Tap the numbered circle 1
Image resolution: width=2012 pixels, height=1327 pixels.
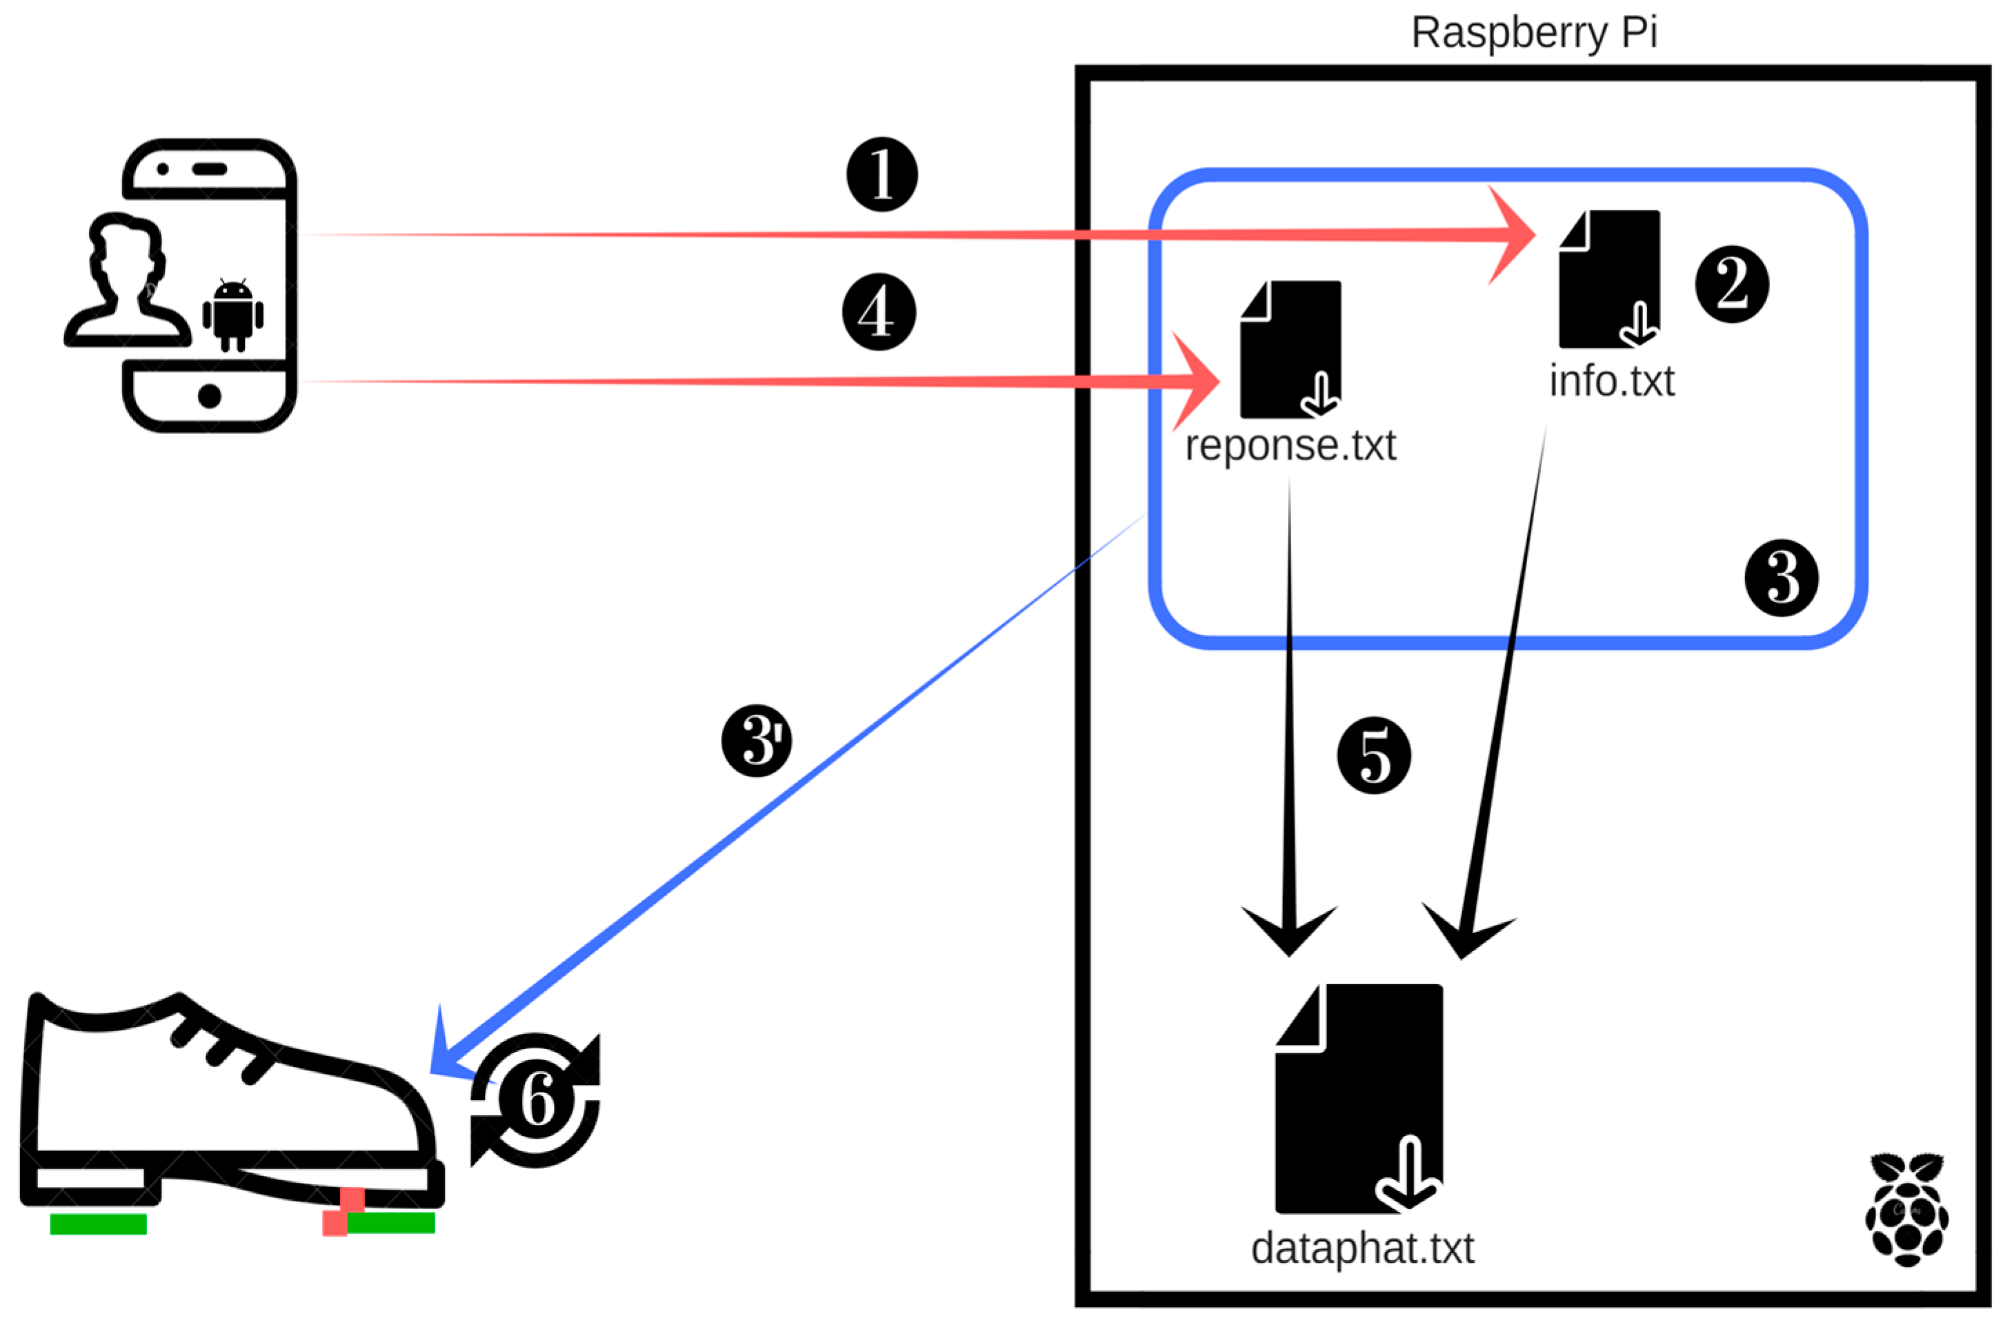point(882,174)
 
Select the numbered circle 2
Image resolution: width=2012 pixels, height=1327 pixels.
point(1731,284)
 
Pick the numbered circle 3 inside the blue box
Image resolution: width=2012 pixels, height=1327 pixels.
point(1781,578)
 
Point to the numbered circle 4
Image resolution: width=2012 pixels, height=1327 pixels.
point(878,312)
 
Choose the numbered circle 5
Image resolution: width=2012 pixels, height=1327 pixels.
point(1373,756)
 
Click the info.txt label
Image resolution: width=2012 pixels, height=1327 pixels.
point(1611,381)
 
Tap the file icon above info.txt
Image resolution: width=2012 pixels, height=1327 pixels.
point(1609,279)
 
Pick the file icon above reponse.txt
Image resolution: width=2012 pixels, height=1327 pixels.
point(1291,349)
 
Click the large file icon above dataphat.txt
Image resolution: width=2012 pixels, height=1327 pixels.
point(1359,1099)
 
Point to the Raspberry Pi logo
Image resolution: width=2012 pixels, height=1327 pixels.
point(1907,1209)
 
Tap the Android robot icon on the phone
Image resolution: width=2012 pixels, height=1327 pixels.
point(232,315)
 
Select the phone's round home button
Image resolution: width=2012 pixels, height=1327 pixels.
point(209,395)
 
